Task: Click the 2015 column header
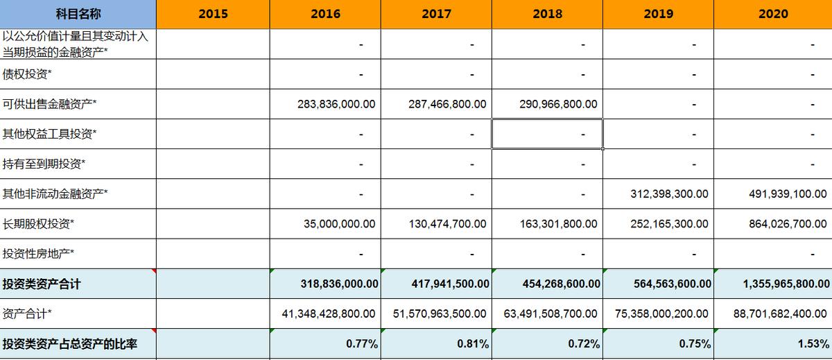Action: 213,14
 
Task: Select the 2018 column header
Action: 547,14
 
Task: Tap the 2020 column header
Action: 773,14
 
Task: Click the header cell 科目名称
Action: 78,14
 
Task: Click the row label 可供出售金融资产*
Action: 50,104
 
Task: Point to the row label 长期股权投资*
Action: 39,224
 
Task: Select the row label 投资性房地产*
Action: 39,254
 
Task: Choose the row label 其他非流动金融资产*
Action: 55,194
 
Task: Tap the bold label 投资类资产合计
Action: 42,284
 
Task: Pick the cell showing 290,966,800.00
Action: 557,104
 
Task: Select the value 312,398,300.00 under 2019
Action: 669,194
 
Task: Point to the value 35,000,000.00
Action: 339,224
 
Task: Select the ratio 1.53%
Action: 815,344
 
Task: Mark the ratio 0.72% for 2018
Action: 587,344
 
